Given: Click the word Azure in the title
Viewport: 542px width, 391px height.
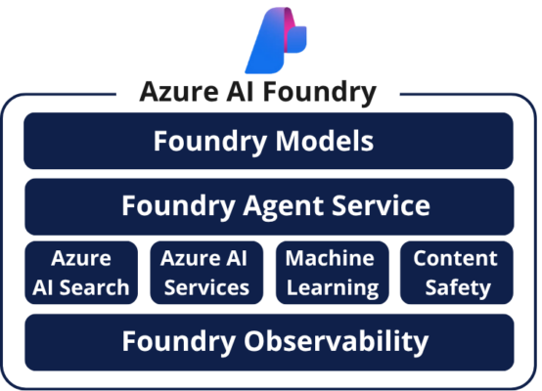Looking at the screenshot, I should (173, 93).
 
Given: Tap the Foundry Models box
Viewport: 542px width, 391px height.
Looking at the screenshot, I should (269, 141).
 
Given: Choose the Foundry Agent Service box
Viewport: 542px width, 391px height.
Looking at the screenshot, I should (269, 205).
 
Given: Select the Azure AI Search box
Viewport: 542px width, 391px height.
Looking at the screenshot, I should (81, 272).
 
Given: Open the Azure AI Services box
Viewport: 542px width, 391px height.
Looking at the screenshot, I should (206, 272).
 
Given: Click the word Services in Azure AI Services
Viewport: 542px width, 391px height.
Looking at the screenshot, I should (206, 287).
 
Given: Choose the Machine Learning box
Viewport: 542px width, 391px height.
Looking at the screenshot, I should (331, 272).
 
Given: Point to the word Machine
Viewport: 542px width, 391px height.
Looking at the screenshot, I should (331, 259).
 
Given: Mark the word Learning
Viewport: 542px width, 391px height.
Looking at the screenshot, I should (331, 287).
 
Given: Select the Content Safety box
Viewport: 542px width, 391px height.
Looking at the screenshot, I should (456, 272).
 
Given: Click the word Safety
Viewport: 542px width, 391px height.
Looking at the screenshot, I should (456, 287).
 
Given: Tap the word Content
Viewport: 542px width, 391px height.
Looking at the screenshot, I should (456, 259).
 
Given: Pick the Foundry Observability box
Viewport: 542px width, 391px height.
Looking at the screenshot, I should (269, 341).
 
